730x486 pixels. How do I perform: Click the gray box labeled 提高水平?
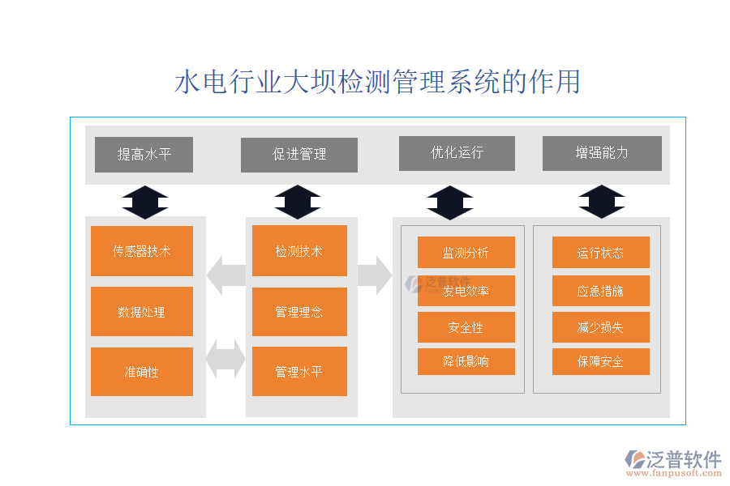tap(144, 155)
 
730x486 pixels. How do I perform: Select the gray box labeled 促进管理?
tap(298, 155)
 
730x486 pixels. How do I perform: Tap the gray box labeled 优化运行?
tap(457, 153)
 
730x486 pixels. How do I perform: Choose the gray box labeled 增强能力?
tap(601, 153)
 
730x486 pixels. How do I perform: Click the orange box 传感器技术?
tap(142, 251)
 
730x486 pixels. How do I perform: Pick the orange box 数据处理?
tap(142, 311)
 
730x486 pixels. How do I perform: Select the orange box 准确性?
tap(142, 372)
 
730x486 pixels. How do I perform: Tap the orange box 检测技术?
tap(299, 251)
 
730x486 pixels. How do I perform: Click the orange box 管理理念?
tap(299, 311)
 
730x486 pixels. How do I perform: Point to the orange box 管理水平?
tap(299, 372)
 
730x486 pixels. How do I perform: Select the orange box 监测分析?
tap(466, 252)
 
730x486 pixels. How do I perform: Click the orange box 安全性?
tap(466, 327)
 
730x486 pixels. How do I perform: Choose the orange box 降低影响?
tap(466, 361)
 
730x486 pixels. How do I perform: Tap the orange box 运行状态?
tap(600, 252)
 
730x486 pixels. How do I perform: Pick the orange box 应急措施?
tap(600, 290)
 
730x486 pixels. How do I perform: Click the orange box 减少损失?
tap(600, 327)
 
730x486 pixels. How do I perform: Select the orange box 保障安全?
tap(600, 361)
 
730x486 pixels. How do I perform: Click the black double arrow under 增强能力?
tap(601, 202)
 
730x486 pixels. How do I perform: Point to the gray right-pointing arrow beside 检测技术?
tap(373, 275)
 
